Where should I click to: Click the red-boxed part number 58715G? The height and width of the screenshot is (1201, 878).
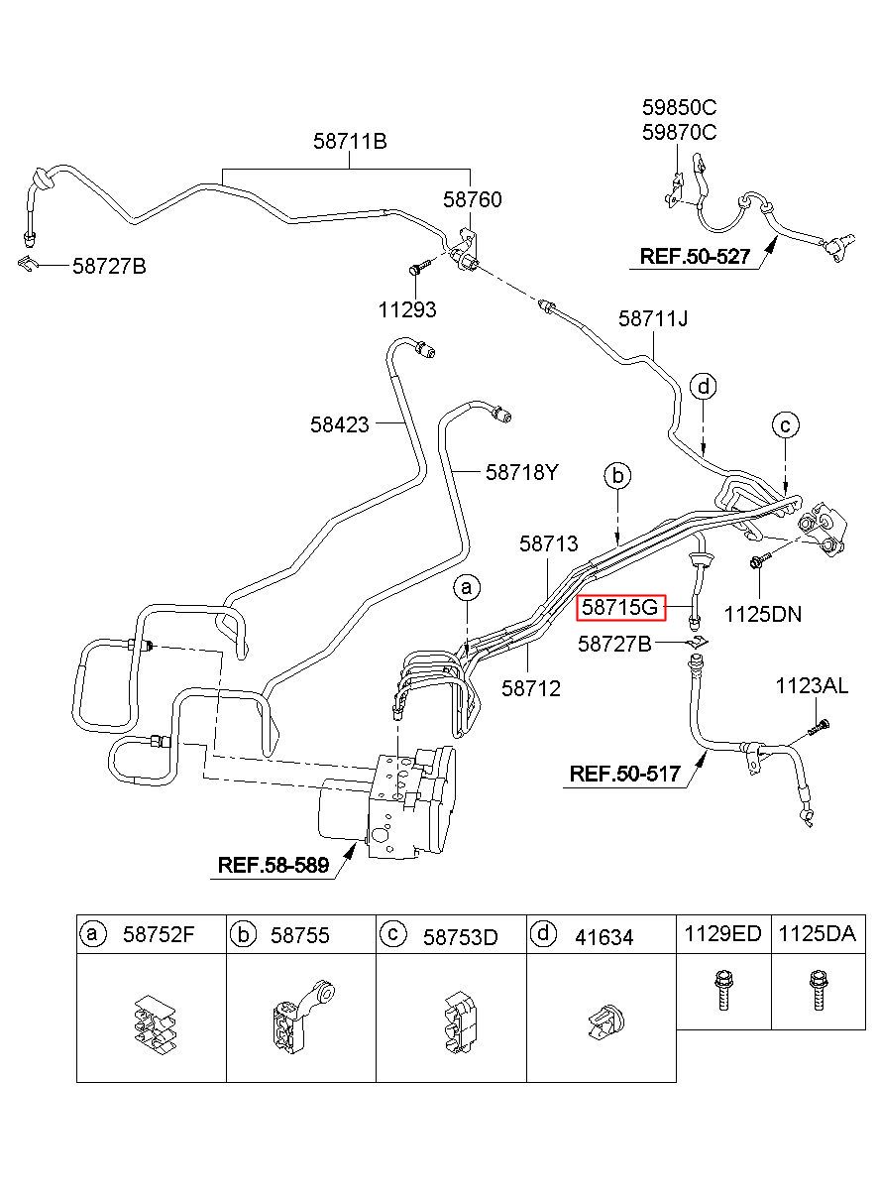coord(619,607)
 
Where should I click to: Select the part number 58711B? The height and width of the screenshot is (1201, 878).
coord(350,142)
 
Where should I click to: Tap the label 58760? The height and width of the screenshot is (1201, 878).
coord(472,199)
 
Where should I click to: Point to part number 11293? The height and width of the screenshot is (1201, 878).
coord(407,309)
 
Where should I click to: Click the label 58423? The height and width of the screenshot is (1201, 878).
coord(340,424)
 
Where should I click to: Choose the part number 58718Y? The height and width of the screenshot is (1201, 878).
coord(522,472)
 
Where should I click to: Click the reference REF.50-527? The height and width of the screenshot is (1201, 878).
coord(695,256)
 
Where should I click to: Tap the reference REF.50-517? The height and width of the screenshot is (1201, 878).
coord(624,774)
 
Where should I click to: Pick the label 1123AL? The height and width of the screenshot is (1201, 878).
coord(813,685)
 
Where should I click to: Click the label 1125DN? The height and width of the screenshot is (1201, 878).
coord(763,615)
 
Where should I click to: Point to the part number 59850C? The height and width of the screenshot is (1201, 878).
coord(679,108)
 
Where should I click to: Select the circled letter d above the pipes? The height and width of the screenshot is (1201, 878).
coord(704,387)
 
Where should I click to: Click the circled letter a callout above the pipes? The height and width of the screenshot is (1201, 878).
coord(467,588)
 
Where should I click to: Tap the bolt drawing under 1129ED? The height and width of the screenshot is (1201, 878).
coord(722,991)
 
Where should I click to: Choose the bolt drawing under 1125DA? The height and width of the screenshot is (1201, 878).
coord(818,991)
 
